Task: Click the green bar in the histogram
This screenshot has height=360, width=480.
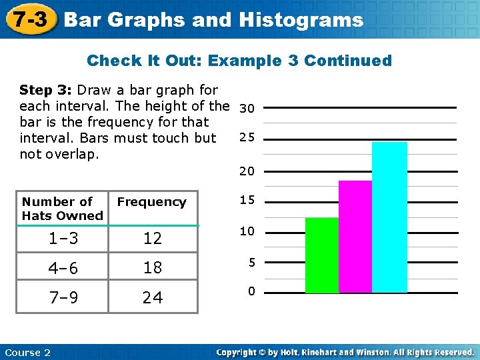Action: (x=322, y=255)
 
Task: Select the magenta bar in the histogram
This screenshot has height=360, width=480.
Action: (x=355, y=237)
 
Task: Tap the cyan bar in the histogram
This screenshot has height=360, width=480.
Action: (x=389, y=217)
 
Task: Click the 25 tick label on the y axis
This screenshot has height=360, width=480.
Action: (x=247, y=138)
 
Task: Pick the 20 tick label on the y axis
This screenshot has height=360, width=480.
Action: (x=247, y=171)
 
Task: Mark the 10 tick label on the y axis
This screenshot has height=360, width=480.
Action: (x=247, y=231)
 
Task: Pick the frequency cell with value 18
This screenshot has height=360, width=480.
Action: (x=153, y=268)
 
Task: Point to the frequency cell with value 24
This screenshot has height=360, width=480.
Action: (x=153, y=297)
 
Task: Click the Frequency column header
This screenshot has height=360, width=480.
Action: (x=152, y=202)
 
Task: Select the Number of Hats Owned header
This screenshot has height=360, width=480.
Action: (x=62, y=208)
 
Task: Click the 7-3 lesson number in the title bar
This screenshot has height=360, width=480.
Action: (x=28, y=19)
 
